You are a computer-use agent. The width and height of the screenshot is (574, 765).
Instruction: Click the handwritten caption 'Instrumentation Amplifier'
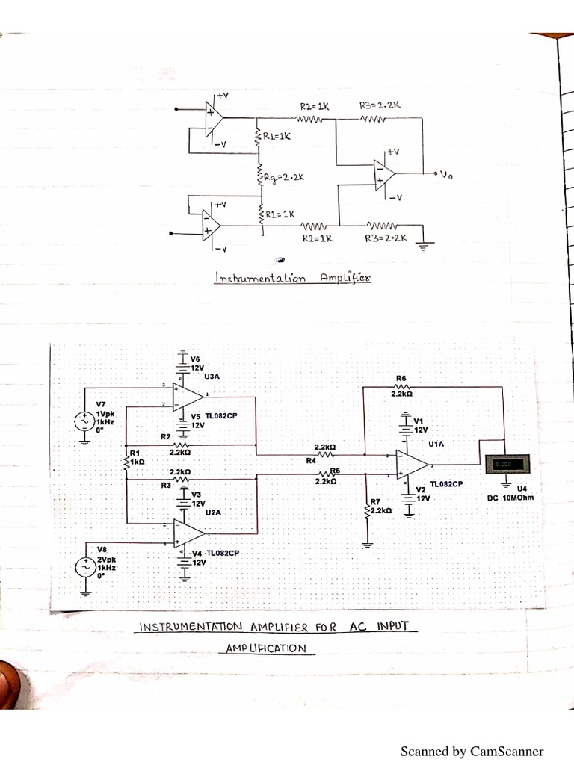pos(291,278)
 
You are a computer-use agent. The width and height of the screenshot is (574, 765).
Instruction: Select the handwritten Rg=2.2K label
pos(284,178)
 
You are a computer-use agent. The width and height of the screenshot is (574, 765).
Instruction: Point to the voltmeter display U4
pos(501,465)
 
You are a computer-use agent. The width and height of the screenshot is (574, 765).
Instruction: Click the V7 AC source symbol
pos(81,421)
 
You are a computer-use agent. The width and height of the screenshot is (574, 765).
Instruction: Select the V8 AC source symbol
pos(82,568)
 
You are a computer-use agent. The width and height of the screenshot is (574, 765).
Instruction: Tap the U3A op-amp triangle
pos(188,396)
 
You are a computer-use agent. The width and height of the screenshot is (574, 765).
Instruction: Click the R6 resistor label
pos(402,379)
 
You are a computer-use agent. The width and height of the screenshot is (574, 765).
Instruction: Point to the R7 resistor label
pos(376,501)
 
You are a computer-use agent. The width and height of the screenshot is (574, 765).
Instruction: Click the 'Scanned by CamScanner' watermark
pos(472,752)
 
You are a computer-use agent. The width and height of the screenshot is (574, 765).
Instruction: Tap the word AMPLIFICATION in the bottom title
pos(267,648)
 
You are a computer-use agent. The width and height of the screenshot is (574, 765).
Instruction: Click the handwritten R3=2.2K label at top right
pos(380,106)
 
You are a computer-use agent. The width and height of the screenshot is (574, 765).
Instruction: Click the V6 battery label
pos(196,359)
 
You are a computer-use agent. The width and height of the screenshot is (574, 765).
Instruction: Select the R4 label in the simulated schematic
pos(312,460)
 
